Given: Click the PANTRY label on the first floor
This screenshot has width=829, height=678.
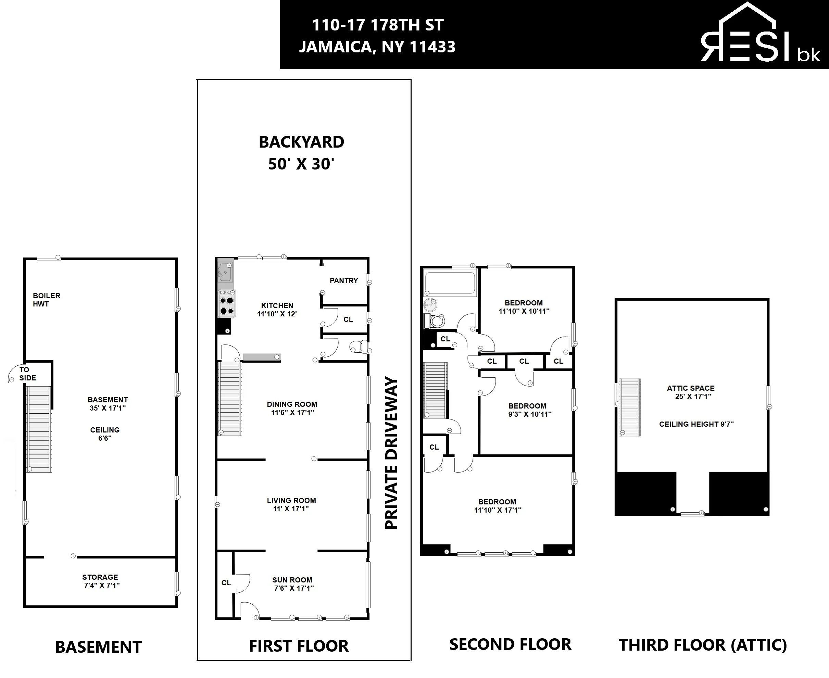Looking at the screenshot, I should tap(344, 280).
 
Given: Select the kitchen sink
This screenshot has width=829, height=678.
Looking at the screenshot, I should tap(225, 272).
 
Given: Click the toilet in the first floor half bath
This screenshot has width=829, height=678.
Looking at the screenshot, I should tap(358, 347).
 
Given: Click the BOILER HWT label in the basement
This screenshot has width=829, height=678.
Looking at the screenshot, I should tap(47, 300).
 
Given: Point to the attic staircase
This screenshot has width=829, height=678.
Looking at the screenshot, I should tap(629, 406).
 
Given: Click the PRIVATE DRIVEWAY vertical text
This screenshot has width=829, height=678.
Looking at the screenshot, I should tap(391, 453).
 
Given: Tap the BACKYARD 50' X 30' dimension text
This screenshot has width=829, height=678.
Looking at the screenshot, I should tap(301, 164).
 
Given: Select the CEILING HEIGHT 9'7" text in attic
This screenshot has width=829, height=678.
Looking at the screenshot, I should tap(696, 424).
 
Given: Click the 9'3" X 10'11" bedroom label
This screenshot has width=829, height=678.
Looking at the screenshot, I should tap(529, 414).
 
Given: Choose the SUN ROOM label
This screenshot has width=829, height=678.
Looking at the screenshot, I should tap(292, 580).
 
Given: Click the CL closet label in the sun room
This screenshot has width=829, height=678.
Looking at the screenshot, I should tap(226, 583).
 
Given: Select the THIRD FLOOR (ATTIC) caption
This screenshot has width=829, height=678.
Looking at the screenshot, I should tap(703, 645).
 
